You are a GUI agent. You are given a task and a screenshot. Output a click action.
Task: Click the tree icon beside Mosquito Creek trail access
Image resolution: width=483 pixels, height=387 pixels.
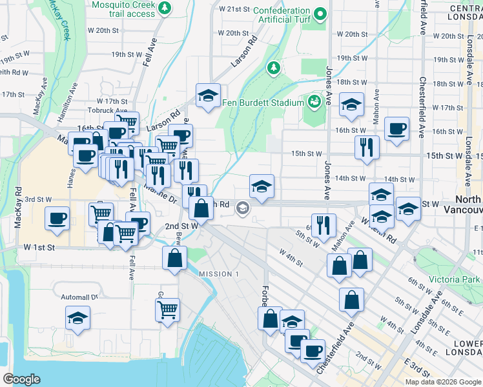(x=166, y=7)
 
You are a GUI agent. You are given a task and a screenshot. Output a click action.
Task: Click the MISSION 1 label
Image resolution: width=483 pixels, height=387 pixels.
(x=218, y=274)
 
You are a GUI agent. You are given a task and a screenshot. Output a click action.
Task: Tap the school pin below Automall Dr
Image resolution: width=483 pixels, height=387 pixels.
(x=77, y=318)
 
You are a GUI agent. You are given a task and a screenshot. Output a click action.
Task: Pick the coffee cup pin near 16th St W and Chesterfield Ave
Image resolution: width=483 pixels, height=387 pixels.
(x=396, y=127)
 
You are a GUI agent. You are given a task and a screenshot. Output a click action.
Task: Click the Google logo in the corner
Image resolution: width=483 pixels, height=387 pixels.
(x=21, y=379)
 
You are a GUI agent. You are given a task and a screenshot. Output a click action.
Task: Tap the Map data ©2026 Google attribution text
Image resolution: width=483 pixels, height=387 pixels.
(x=442, y=382)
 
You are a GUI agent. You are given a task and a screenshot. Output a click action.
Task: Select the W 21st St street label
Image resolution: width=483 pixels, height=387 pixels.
(x=234, y=10)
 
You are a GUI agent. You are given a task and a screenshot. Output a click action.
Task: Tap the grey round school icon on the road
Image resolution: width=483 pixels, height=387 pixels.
(x=242, y=208)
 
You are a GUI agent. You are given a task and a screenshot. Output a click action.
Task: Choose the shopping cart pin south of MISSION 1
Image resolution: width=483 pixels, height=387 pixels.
(x=167, y=310)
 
